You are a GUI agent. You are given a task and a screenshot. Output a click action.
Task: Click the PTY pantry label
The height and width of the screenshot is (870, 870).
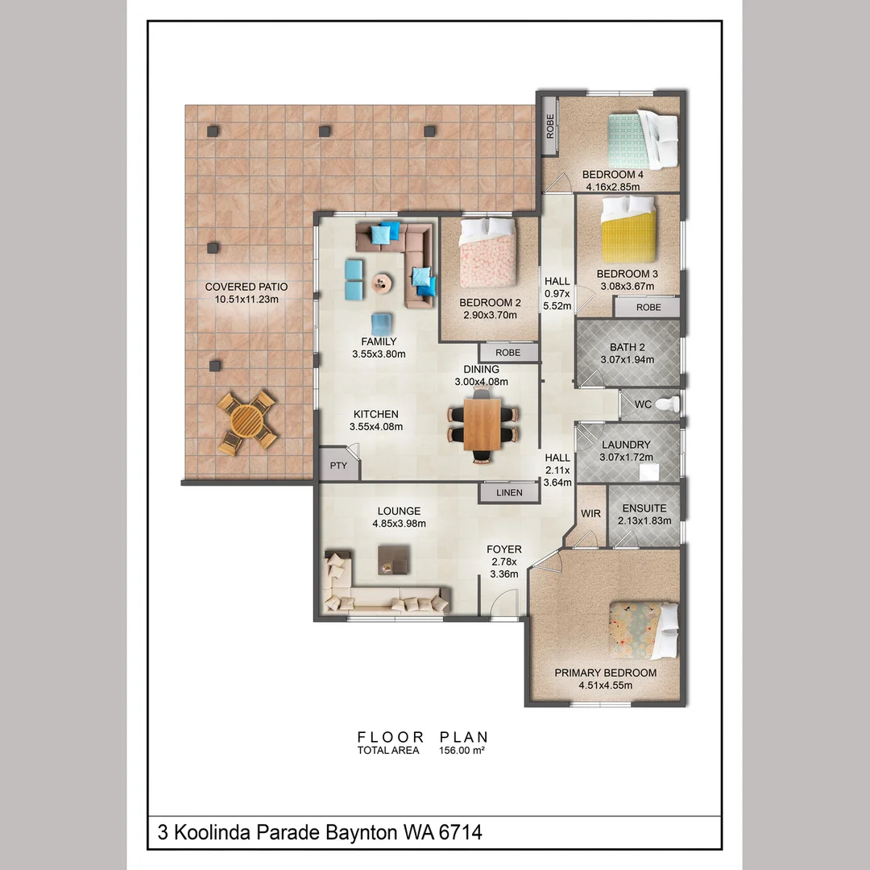pyautogui.click(x=338, y=466)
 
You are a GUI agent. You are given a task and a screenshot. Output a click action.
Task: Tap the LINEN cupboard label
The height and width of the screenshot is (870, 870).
pyautogui.click(x=509, y=492)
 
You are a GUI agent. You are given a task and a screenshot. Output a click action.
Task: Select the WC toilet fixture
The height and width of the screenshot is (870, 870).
pyautogui.click(x=668, y=404)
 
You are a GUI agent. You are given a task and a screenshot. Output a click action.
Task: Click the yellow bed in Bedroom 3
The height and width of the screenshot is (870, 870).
pyautogui.click(x=628, y=230)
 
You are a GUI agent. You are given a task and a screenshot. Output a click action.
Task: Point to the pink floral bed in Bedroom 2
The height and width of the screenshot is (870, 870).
pyautogui.click(x=488, y=252)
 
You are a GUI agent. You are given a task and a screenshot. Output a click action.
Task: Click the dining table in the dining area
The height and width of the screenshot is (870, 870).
pyautogui.click(x=483, y=424)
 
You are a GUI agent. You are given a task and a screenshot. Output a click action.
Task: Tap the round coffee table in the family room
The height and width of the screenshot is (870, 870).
pyautogui.click(x=382, y=283)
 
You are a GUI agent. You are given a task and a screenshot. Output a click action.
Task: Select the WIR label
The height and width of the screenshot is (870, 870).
pyautogui.click(x=590, y=513)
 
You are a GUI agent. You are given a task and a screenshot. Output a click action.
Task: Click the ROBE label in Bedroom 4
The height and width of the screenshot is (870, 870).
pyautogui.click(x=550, y=126)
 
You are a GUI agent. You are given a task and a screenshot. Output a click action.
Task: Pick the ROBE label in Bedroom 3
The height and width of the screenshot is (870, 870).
pyautogui.click(x=648, y=307)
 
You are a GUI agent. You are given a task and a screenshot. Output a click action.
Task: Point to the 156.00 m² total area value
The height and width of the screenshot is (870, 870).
pyautogui.click(x=462, y=750)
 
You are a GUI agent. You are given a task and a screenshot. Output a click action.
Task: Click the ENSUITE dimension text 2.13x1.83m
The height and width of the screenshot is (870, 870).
pyautogui.click(x=644, y=520)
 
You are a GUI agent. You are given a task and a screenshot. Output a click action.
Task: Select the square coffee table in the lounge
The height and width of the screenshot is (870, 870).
pyautogui.click(x=394, y=559)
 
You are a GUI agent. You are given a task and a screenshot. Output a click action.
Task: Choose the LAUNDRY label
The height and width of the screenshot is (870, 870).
pyautogui.click(x=626, y=445)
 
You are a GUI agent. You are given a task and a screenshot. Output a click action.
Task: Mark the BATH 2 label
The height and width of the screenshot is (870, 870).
pyautogui.click(x=627, y=346)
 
